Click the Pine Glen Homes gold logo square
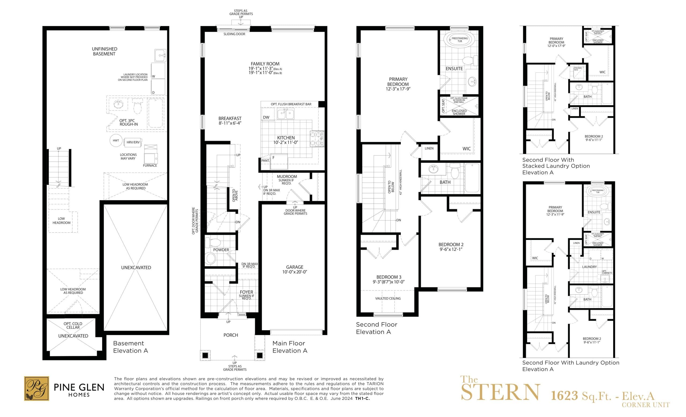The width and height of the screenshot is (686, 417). tap(36, 388)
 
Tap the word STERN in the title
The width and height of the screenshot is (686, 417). tap(500, 393)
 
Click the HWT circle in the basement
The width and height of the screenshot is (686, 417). tap(116, 141)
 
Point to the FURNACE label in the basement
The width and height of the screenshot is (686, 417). tap(150, 166)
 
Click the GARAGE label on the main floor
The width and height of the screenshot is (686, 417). tap(294, 267)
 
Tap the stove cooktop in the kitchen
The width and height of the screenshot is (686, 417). tap(317, 139)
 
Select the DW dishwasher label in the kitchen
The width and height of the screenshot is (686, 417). tap(266, 117)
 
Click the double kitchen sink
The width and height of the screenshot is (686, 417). tap(285, 114)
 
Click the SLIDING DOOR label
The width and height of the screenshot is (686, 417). tap(234, 34)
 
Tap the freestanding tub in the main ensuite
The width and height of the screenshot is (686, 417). tap(459, 40)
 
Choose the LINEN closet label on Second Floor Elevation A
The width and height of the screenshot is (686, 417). tap(429, 148)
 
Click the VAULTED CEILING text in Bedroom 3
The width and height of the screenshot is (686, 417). tap(388, 298)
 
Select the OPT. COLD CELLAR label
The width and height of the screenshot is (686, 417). tap(73, 325)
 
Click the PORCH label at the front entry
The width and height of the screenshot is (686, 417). tap(230, 335)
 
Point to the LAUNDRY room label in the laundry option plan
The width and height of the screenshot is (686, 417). tap(589, 267)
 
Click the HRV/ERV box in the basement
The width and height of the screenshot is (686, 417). tap(133, 142)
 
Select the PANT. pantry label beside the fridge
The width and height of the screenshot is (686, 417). tap(265, 160)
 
